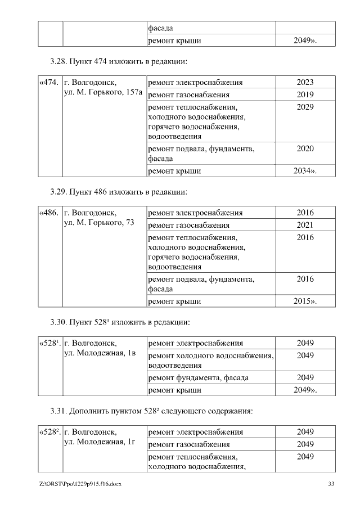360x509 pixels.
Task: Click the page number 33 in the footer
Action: [331, 484]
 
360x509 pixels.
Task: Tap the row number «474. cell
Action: [48, 82]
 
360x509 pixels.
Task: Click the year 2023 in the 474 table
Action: [305, 82]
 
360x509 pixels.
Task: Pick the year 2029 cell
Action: [305, 107]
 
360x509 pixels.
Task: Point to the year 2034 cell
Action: [305, 171]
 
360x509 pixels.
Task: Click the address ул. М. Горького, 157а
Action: [103, 92]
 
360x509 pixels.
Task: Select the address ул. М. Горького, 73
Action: [99, 223]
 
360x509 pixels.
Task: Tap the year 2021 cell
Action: [305, 226]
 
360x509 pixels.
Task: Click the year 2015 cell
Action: [305, 301]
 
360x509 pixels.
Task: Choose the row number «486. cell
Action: [48, 213]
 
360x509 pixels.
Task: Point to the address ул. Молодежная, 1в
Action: [100, 353]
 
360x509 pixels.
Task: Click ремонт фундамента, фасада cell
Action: [198, 377]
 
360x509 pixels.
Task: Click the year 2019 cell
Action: [305, 94]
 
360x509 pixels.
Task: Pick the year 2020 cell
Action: [305, 148]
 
